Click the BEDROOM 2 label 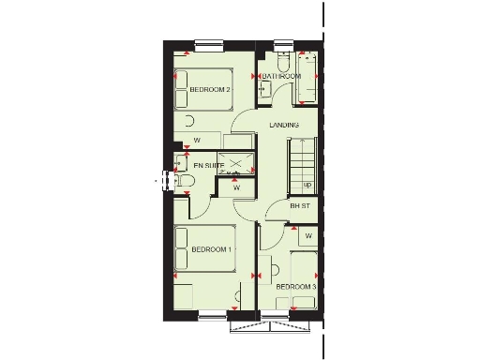point(210,90)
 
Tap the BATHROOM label point(281,75)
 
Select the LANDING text point(283,125)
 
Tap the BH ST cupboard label point(299,205)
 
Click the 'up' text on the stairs point(307,184)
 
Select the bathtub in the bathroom point(309,77)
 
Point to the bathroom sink point(264,88)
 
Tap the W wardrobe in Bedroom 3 point(307,234)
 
